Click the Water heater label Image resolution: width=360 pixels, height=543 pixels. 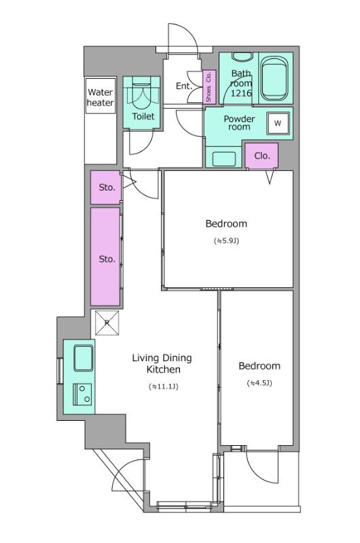[100, 97]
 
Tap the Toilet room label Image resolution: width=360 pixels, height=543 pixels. [143, 116]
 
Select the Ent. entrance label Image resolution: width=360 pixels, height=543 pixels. [184, 86]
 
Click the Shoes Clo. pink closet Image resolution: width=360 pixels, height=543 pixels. [209, 87]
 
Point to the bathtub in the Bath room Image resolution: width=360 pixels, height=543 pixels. [274, 79]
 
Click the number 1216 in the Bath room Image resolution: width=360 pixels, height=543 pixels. [241, 93]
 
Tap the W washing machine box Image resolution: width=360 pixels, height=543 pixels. [278, 124]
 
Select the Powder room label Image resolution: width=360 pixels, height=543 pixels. [239, 123]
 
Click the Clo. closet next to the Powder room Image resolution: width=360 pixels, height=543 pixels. [262, 156]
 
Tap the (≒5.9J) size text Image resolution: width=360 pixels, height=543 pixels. [227, 241]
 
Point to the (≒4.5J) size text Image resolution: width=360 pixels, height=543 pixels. [259, 383]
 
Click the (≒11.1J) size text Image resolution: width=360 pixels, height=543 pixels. [163, 386]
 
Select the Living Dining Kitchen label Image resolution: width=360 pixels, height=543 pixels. [162, 364]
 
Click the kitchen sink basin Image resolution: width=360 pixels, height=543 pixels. [83, 358]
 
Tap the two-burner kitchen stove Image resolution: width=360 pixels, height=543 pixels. [82, 394]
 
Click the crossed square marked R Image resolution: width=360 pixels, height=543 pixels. [107, 323]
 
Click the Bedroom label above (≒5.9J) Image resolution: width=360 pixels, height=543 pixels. [226, 224]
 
